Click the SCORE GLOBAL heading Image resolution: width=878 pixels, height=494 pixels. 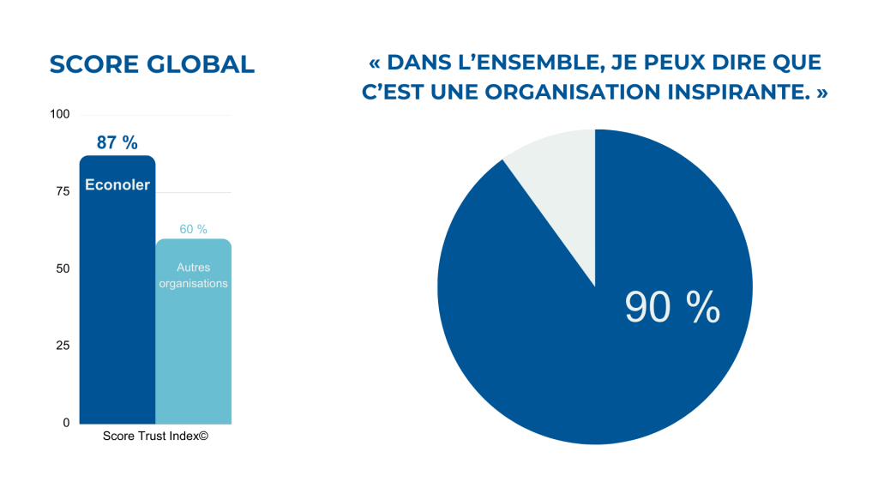pos(152,64)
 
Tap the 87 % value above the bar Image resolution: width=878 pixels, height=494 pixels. pos(117,143)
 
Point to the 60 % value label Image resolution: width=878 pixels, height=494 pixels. pos(193,229)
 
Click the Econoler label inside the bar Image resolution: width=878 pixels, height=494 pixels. pos(117,184)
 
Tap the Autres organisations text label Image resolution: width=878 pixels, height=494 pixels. pos(193,275)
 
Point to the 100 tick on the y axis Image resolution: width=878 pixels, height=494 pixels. pos(60,114)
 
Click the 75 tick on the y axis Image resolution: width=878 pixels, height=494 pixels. pos(63,191)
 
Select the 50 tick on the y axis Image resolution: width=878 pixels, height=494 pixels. pos(63,268)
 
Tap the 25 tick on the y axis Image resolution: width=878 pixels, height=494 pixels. pos(63,346)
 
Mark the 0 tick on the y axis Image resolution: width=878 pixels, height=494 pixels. pos(66,423)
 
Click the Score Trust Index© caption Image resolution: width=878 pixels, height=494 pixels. pos(155,436)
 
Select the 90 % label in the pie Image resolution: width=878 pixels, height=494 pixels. pos(671,307)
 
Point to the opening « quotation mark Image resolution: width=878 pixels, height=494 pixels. pos(374,63)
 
